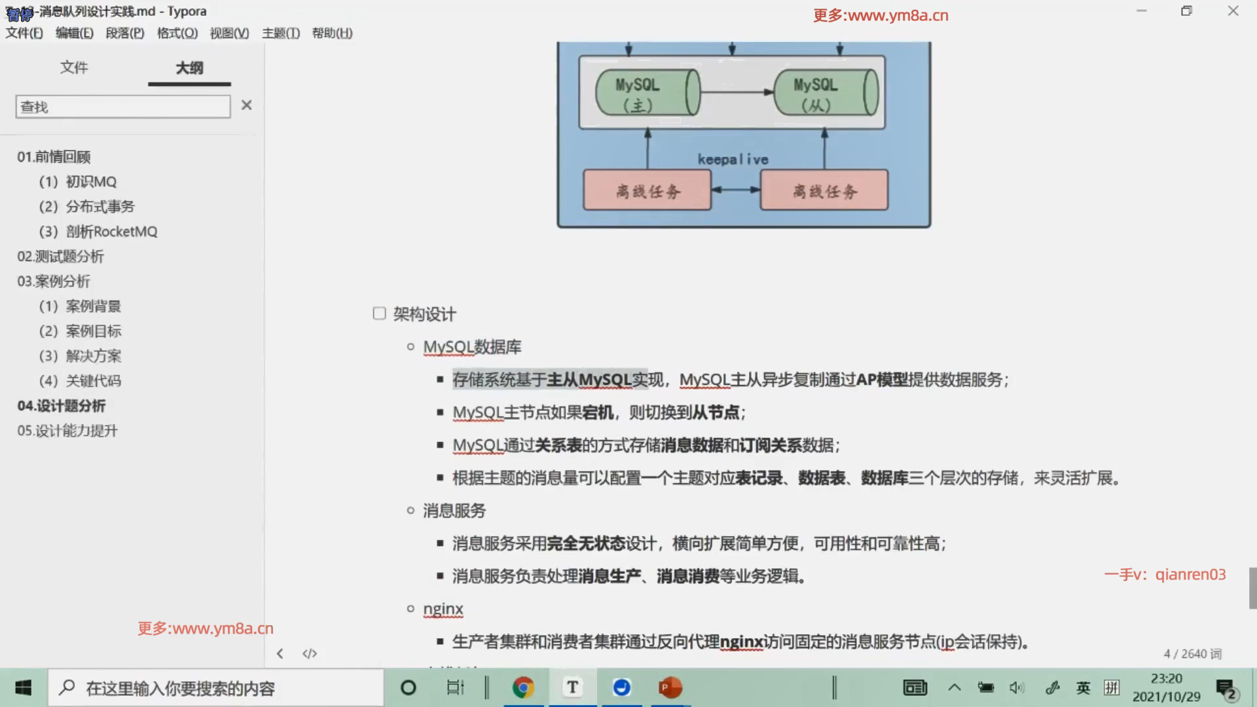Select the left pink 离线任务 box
[x=647, y=190]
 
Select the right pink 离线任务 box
[x=824, y=190]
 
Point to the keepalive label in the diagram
[x=733, y=159]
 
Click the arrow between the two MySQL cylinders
[x=737, y=92]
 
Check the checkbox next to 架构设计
[x=379, y=314]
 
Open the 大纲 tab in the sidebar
[x=189, y=67]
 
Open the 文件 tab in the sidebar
[x=74, y=67]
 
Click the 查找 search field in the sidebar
[x=123, y=107]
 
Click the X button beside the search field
[x=246, y=105]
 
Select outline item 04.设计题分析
[x=62, y=406]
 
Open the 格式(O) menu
[x=177, y=33]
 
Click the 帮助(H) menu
[x=332, y=33]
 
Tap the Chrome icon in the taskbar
[x=523, y=687]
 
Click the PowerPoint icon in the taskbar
[x=670, y=687]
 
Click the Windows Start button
[x=24, y=687]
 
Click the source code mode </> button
[x=310, y=653]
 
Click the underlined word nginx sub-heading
[x=443, y=609]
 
